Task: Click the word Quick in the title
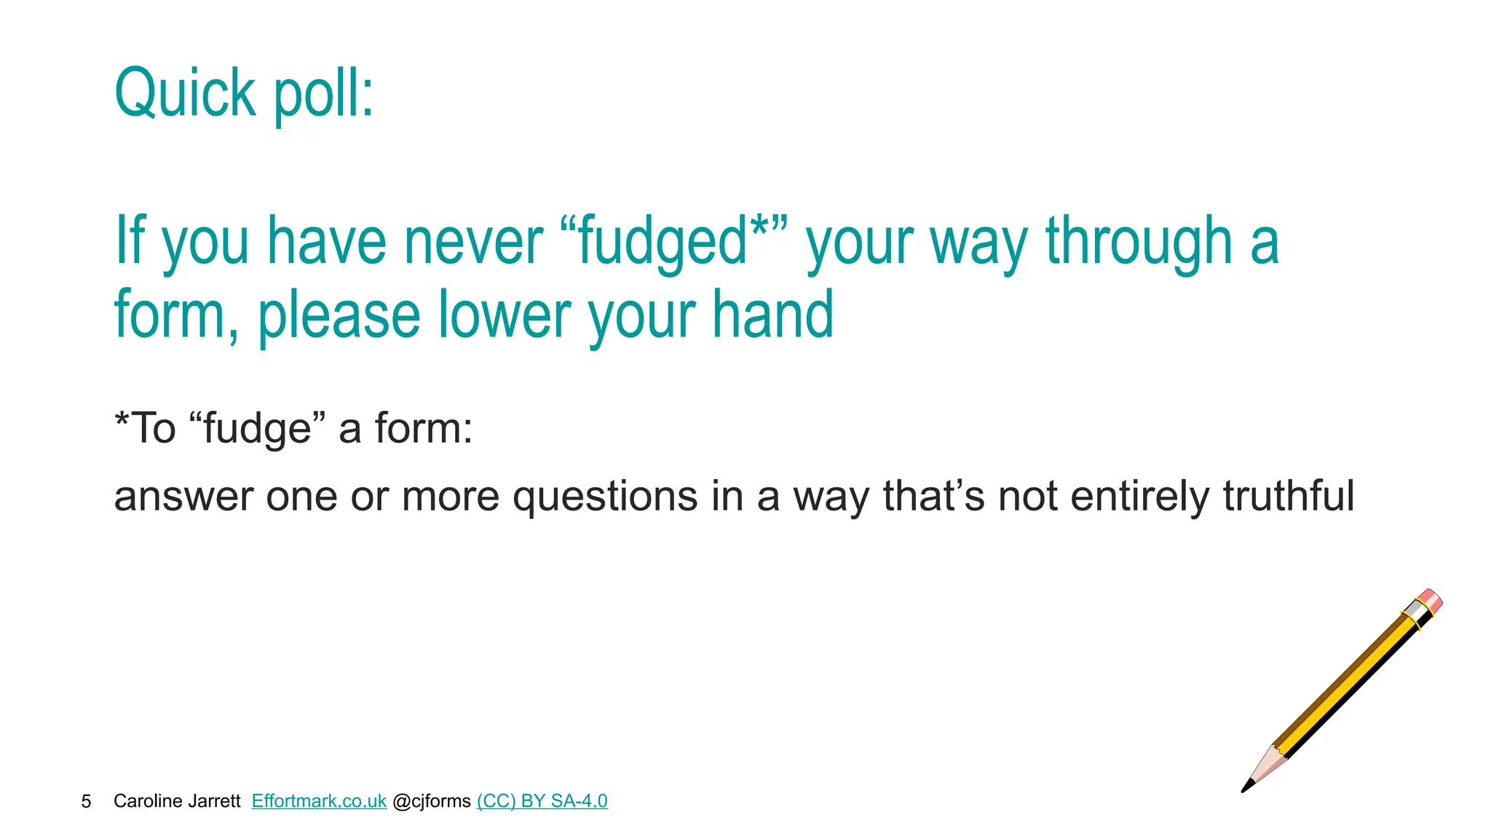[x=185, y=93]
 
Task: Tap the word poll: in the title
[x=323, y=95]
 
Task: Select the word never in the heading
[x=473, y=242]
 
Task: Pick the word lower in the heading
[x=505, y=315]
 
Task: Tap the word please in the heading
[x=339, y=316]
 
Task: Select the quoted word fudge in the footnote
[x=258, y=428]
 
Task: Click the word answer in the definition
[x=183, y=497]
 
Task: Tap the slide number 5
[x=86, y=801]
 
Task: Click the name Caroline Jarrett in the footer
[x=177, y=801]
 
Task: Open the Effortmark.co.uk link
[x=319, y=801]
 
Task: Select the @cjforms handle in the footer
[x=432, y=801]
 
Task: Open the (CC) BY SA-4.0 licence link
[x=542, y=801]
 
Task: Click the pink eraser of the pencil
[x=1431, y=599]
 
